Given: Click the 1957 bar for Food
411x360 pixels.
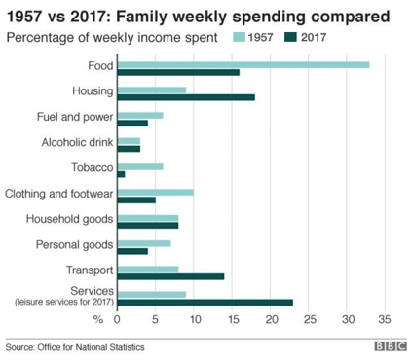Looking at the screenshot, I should pos(243,64).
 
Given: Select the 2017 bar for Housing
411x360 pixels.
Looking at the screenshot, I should pos(185,96).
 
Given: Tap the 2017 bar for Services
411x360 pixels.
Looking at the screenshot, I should pos(205,302).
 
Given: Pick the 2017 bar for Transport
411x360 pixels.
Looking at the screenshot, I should pos(170,276).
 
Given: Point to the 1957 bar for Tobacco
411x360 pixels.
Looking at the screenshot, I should pos(139,166).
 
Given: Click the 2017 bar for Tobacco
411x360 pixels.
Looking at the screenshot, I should pos(121,174).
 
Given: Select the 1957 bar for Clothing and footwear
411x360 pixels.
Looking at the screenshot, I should pos(155,193).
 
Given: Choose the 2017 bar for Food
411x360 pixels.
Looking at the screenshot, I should pos(177,72).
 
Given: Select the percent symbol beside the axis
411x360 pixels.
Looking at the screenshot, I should pos(97,319).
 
